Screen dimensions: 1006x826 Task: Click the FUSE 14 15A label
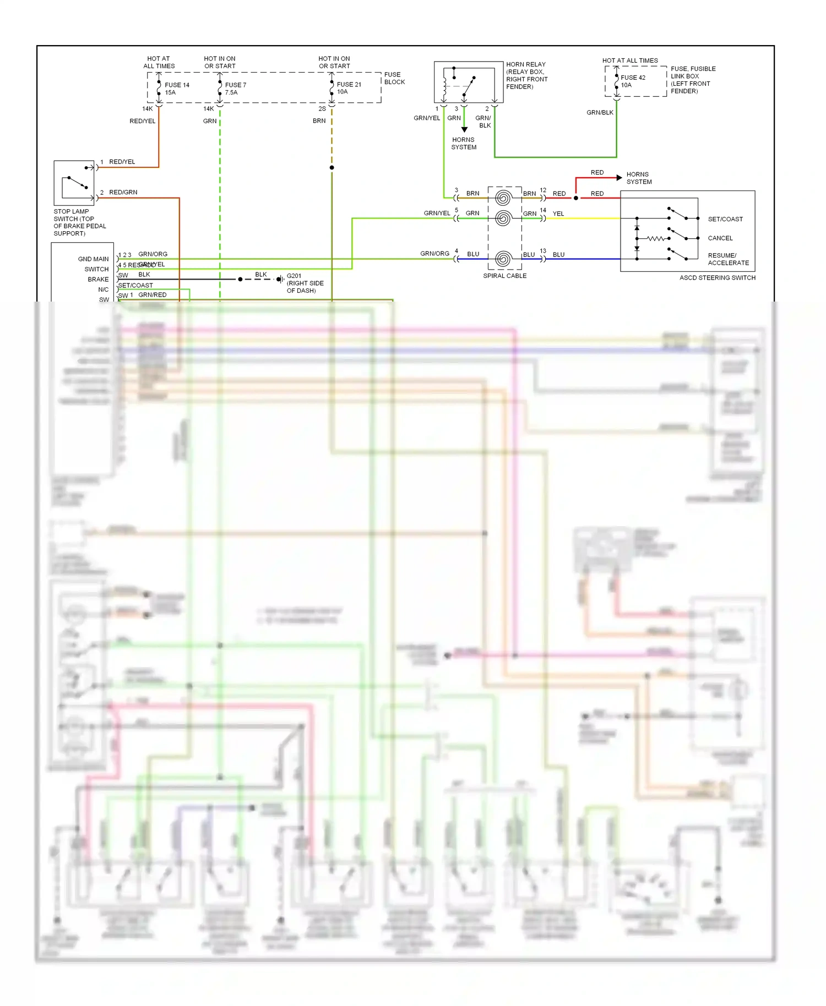176,89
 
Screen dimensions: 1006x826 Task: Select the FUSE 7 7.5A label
235,89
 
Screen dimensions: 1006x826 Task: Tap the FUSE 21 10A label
349,88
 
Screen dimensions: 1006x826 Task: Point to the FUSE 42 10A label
632,81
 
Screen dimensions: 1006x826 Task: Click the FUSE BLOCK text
394,78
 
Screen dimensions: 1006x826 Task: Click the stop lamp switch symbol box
74,183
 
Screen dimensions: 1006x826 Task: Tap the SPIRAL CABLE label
504,276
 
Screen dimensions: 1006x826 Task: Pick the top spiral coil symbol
503,198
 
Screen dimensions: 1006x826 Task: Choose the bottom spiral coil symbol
503,259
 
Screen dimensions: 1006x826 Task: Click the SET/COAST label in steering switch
725,219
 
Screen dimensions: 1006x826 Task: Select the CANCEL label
720,238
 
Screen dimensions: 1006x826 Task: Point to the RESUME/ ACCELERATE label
728,259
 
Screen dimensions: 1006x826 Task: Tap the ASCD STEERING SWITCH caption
717,278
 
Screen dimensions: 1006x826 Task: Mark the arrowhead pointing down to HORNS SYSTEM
464,129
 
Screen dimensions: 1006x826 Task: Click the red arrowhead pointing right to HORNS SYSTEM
619,178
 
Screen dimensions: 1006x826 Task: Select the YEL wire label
558,214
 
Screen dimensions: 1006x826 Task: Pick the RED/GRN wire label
123,192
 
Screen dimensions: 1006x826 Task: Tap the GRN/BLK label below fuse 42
600,112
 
